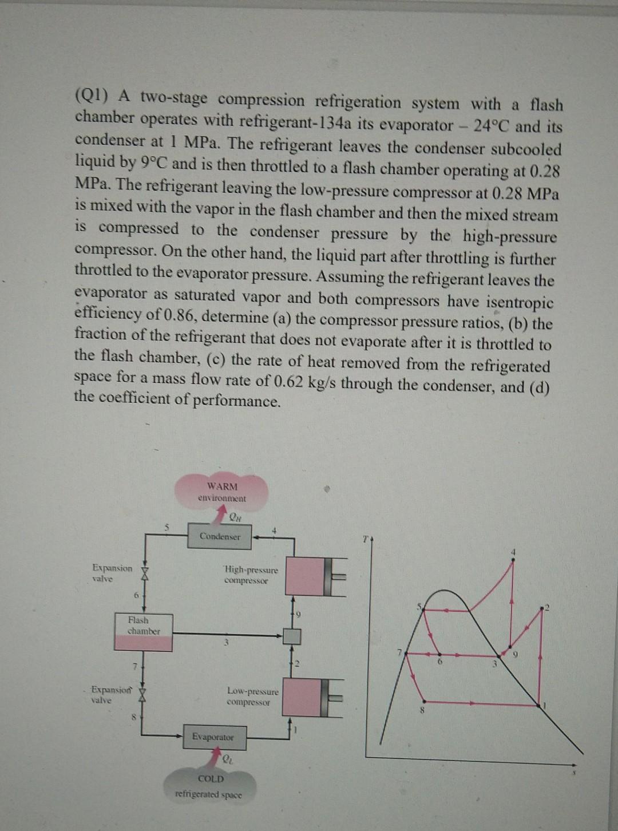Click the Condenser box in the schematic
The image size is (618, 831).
(220, 537)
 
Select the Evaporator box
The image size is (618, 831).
(212, 737)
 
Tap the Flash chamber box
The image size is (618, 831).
(143, 632)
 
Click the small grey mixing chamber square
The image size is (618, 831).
(292, 635)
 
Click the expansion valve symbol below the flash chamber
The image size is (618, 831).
(144, 694)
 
